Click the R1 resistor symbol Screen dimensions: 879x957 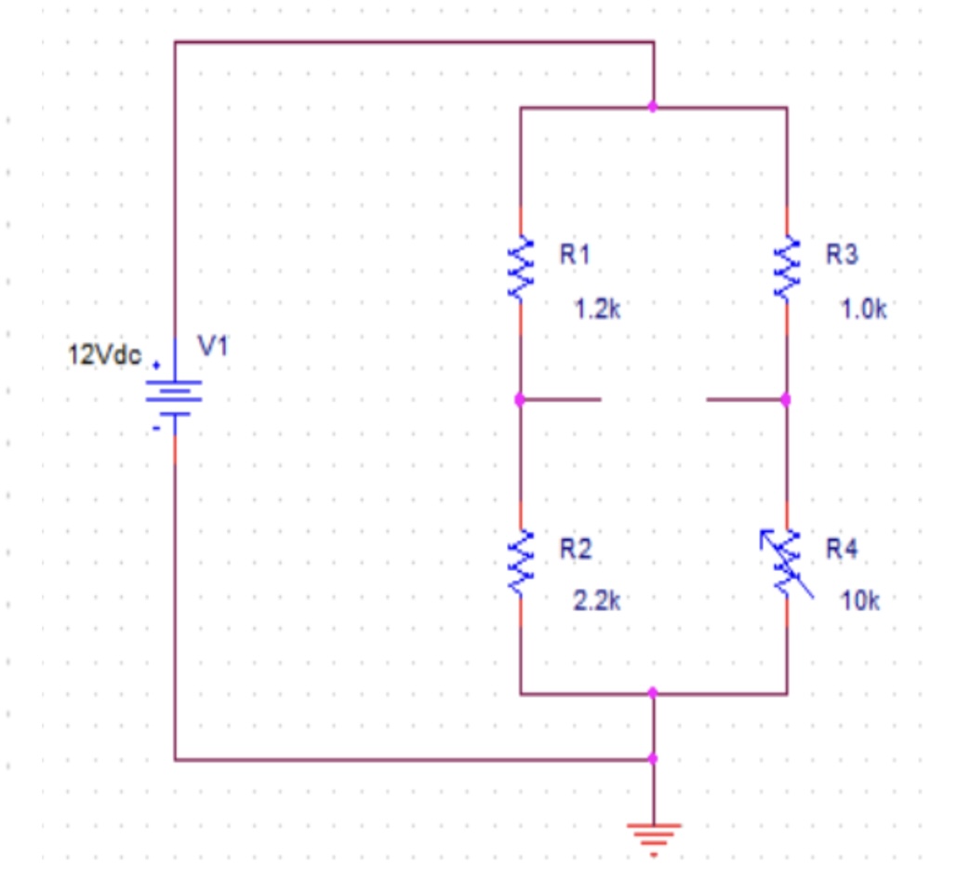click(520, 268)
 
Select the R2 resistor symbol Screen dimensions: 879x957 click(520, 563)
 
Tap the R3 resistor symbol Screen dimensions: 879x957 click(787, 268)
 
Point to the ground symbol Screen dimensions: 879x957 click(654, 833)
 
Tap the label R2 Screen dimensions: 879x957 click(575, 550)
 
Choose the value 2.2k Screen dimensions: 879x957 click(596, 601)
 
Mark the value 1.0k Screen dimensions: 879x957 click(864, 310)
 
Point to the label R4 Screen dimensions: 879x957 click(843, 550)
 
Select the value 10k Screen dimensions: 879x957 click(860, 601)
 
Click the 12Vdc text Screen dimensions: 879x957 click(105, 355)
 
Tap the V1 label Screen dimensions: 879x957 click(213, 347)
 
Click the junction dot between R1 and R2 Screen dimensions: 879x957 click(520, 400)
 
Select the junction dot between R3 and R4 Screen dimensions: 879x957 click(786, 400)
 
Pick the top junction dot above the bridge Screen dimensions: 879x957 click(653, 108)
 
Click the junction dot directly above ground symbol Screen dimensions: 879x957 click(653, 759)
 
